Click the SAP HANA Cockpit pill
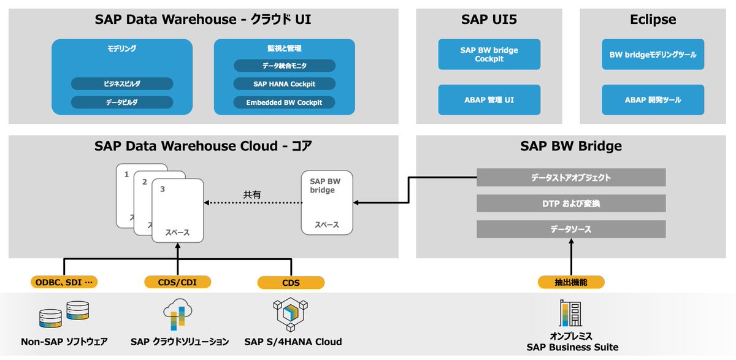click(284, 83)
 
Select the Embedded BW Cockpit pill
click(284, 102)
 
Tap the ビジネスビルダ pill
click(122, 83)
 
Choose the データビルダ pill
click(122, 102)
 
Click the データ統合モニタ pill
click(284, 66)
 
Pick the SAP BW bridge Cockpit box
click(489, 55)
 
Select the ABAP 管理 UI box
click(489, 100)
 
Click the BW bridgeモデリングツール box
click(653, 55)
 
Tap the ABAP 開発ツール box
click(653, 100)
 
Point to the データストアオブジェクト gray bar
click(571, 178)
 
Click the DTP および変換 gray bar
click(571, 204)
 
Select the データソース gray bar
click(571, 229)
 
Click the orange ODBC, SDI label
click(64, 282)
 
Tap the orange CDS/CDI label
click(178, 282)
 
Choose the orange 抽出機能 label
click(571, 282)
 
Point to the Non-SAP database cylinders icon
click(64, 314)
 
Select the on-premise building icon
click(570, 313)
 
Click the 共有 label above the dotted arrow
click(252, 194)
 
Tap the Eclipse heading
click(653, 20)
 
